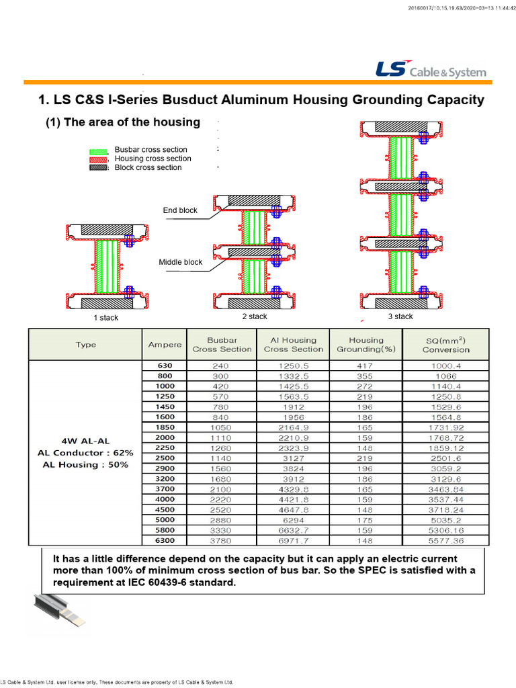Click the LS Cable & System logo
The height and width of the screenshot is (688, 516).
[x=430, y=71]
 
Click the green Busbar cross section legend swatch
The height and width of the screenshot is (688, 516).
[x=98, y=150]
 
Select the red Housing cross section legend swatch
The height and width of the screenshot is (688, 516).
[x=98, y=159]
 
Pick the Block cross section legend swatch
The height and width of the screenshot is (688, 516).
[x=98, y=168]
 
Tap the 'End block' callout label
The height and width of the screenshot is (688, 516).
[x=180, y=210]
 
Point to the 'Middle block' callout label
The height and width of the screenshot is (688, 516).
[x=180, y=262]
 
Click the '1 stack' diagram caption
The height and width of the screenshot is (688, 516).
[x=105, y=318]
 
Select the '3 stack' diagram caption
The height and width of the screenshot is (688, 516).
[x=400, y=316]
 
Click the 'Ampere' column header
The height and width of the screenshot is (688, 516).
[x=165, y=345]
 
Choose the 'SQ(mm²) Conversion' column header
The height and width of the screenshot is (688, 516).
[x=445, y=344]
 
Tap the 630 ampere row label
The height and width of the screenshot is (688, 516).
[x=165, y=366]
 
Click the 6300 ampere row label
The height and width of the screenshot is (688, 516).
[x=165, y=540]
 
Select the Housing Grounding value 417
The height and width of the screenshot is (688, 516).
[x=365, y=366]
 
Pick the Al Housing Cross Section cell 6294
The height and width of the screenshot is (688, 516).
[x=294, y=519]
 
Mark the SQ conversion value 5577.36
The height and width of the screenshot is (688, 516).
[x=445, y=540]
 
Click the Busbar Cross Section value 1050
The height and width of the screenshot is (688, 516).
[x=221, y=427]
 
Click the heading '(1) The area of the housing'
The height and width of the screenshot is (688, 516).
[x=122, y=122]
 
